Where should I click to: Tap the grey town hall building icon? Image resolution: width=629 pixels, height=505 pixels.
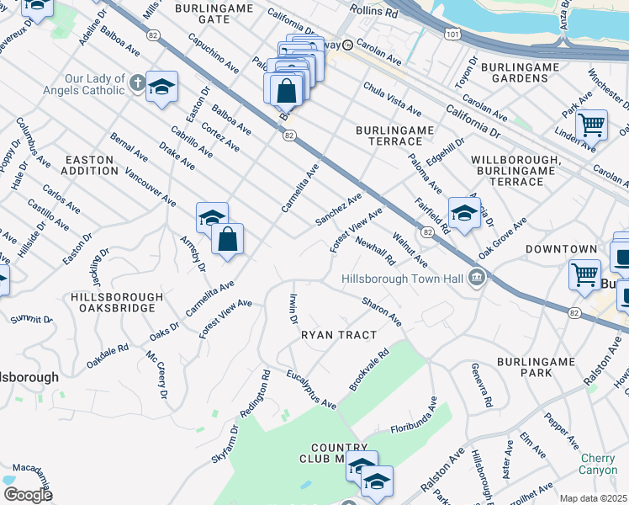coord(477,277)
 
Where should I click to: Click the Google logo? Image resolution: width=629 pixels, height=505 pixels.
coord(28,494)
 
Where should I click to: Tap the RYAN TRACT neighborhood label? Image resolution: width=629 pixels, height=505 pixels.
coord(339,334)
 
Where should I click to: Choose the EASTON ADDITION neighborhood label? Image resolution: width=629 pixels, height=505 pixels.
coord(92,164)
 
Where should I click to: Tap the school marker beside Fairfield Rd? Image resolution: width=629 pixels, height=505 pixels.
coord(463,212)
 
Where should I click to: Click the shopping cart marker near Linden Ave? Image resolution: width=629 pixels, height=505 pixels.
coord(592,125)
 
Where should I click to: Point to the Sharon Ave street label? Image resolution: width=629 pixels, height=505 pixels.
coord(382,310)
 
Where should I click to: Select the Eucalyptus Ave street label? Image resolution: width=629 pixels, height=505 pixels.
coord(310,388)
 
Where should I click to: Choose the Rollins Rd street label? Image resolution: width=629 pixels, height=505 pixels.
coord(381,13)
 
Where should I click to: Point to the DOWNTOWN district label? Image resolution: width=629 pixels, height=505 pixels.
coord(561,249)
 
